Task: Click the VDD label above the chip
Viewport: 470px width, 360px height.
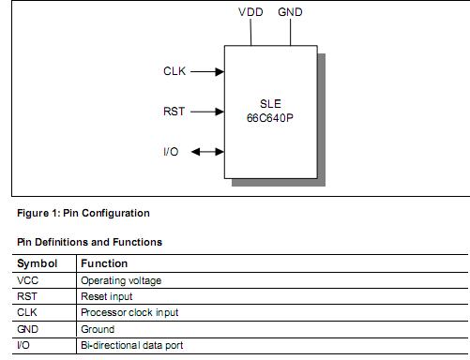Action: click(250, 12)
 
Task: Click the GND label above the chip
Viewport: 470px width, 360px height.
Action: click(290, 12)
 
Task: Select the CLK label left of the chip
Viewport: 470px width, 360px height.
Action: click(175, 70)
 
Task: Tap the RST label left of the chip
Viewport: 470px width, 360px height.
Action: click(175, 112)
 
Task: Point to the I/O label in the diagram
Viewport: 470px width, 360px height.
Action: click(171, 152)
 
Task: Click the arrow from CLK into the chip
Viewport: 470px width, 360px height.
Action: click(207, 70)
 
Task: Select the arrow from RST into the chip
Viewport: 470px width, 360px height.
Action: click(207, 112)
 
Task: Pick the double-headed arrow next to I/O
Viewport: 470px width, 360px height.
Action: click(207, 152)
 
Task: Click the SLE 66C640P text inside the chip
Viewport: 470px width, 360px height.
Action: click(270, 112)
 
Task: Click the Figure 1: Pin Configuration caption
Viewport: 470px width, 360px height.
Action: click(83, 213)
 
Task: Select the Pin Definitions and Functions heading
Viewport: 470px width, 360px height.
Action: click(90, 242)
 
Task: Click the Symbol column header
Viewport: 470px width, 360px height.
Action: click(38, 263)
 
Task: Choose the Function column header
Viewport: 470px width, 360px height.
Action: click(104, 263)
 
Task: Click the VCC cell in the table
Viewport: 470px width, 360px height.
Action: click(27, 280)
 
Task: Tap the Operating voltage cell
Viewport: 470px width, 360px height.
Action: click(121, 280)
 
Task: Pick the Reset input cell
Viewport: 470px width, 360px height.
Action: click(107, 296)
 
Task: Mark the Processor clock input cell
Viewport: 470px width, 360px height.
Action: click(129, 312)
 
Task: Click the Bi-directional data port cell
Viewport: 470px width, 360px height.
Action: click(130, 345)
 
